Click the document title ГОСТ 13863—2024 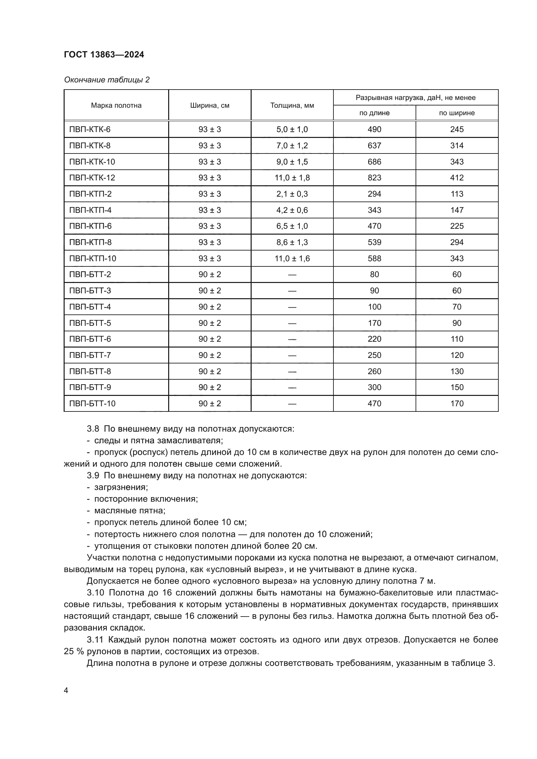tap(104, 55)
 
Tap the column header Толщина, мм tap(292, 105)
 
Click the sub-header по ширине tap(457, 113)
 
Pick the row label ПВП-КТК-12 tap(92, 178)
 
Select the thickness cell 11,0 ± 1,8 tap(292, 178)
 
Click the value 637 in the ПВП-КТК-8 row tap(374, 145)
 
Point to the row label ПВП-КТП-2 tap(90, 194)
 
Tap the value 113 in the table tap(457, 194)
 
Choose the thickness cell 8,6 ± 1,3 tap(292, 242)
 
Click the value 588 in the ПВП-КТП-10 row tap(374, 259)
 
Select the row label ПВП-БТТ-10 tap(92, 404)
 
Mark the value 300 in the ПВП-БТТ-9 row tap(374, 387)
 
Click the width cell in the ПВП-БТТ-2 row tap(210, 275)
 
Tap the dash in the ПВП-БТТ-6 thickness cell tap(292, 339)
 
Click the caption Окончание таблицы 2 tap(106, 80)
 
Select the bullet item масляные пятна tap(130, 511)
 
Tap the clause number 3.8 tap(93, 429)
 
